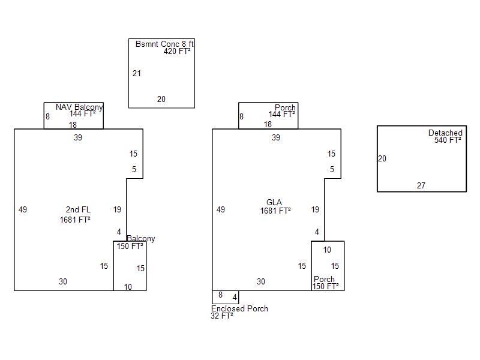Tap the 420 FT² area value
click(177, 52)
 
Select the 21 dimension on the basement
click(137, 74)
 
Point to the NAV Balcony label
click(79, 107)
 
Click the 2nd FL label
click(78, 210)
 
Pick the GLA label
click(274, 203)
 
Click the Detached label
click(445, 133)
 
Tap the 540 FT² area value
click(448, 140)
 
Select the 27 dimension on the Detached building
click(421, 186)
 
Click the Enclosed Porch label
click(239, 309)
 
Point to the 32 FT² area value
click(222, 316)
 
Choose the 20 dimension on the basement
click(161, 100)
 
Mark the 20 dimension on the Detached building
click(382, 159)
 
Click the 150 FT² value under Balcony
click(130, 246)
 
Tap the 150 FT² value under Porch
click(326, 287)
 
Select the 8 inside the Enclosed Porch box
click(220, 295)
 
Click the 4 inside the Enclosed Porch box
click(235, 297)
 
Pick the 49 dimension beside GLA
click(221, 210)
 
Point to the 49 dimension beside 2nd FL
click(23, 210)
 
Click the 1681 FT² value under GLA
click(275, 211)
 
